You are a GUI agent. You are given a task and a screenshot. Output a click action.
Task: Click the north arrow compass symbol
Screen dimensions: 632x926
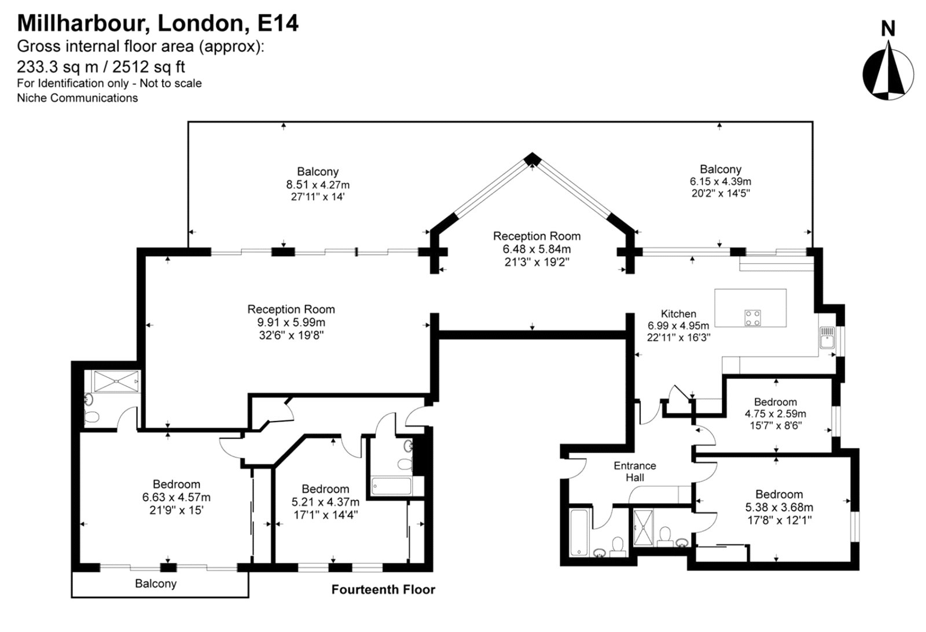[x=888, y=73]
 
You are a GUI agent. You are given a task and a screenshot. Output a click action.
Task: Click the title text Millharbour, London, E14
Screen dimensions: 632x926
[x=158, y=23]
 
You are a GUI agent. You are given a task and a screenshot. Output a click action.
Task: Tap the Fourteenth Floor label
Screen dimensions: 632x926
[x=383, y=590]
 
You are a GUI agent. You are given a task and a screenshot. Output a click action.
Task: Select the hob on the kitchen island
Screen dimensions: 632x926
[x=753, y=317]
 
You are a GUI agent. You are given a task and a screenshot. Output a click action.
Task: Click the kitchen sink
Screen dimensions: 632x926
[x=826, y=338]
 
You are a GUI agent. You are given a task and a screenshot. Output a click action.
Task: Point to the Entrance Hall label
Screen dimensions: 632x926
[x=635, y=471]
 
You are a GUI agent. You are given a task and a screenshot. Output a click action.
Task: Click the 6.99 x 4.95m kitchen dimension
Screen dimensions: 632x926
[x=678, y=326]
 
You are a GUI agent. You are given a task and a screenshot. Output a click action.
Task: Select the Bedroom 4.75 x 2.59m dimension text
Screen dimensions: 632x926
[x=775, y=414]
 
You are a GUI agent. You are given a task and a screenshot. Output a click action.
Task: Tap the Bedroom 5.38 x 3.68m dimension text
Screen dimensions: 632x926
[x=778, y=508]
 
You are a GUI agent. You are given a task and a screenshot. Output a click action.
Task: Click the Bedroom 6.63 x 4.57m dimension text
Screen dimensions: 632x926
[x=176, y=497]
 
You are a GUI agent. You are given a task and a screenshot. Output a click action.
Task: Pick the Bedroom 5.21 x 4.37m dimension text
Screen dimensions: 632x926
[x=325, y=502]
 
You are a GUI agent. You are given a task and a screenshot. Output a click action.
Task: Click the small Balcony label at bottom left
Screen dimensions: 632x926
[x=156, y=584]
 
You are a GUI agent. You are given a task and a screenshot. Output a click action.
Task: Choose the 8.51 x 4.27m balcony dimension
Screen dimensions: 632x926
[x=318, y=185]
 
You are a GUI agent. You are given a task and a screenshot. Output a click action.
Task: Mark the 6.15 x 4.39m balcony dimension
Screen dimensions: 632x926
[x=721, y=181]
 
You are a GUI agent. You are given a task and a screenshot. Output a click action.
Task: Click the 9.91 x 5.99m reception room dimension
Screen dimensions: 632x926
[x=291, y=322]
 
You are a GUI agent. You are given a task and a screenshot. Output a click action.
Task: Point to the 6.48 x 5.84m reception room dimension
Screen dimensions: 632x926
[x=537, y=249]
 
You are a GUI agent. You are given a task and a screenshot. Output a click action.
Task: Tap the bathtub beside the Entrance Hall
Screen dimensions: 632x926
[x=579, y=532]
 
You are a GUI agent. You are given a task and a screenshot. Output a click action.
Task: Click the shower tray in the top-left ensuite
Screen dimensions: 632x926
[x=117, y=382]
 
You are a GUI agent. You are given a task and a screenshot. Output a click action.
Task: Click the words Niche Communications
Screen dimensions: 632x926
[x=78, y=98]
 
